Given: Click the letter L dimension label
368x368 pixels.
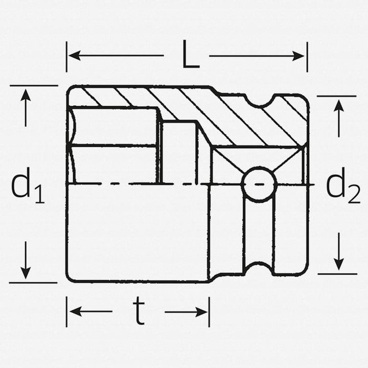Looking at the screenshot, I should coord(191,56).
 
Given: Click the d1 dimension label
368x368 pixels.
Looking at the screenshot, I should coord(27,186).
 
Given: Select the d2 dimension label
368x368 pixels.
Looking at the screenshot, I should coord(343,186).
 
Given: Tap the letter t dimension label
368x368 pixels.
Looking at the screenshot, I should coord(138,312).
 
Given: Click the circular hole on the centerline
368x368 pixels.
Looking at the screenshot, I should coord(258,183).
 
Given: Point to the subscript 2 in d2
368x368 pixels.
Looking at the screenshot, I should coord(354,195).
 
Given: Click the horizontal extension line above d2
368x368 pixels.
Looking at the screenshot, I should coord(336,96).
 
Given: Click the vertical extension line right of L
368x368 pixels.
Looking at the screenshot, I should coord(307,56).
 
